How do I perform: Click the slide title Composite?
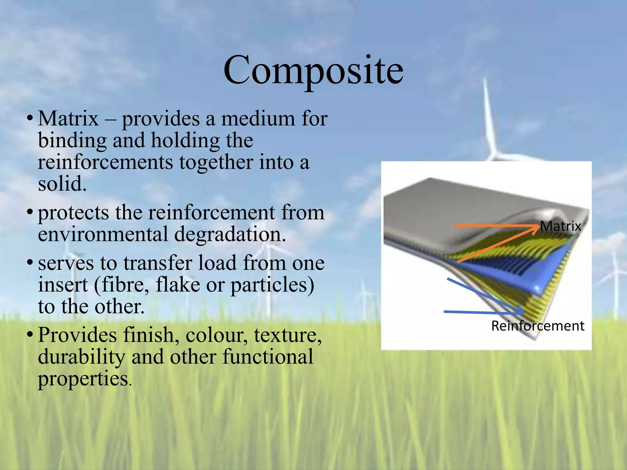[x=313, y=71]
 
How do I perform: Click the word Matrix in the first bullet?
[x=68, y=118]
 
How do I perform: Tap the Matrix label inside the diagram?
[x=560, y=226]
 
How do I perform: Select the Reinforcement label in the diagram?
[x=538, y=326]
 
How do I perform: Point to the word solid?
[x=62, y=184]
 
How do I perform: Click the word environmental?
[x=103, y=234]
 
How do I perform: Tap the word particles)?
[x=272, y=285]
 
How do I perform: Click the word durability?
[x=81, y=357]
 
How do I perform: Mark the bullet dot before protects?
[x=30, y=212]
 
